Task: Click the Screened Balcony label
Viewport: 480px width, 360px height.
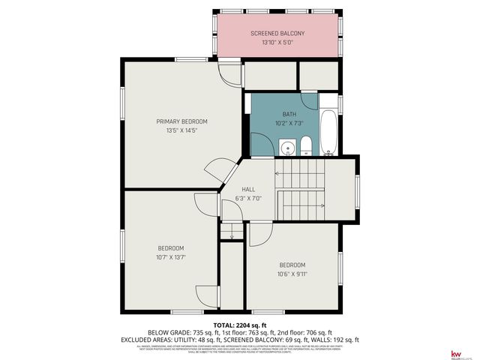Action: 277,34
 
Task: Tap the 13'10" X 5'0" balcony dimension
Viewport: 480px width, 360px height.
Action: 277,43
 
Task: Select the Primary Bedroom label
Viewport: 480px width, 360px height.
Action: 181,121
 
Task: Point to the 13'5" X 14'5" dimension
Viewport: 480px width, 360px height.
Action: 181,130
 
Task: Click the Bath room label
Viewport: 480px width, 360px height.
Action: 289,114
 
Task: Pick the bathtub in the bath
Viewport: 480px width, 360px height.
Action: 329,133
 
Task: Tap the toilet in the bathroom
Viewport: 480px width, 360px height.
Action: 306,145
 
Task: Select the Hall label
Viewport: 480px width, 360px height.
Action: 248,190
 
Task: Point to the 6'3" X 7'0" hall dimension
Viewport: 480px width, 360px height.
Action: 248,199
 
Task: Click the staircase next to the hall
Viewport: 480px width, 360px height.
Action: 301,191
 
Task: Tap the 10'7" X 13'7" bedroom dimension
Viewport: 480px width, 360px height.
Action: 170,257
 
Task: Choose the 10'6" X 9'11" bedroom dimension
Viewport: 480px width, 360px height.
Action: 292,274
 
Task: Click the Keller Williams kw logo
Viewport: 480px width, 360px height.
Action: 454,353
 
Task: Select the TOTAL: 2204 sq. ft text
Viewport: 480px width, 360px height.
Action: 240,325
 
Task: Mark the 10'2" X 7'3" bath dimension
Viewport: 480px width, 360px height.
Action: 289,123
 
